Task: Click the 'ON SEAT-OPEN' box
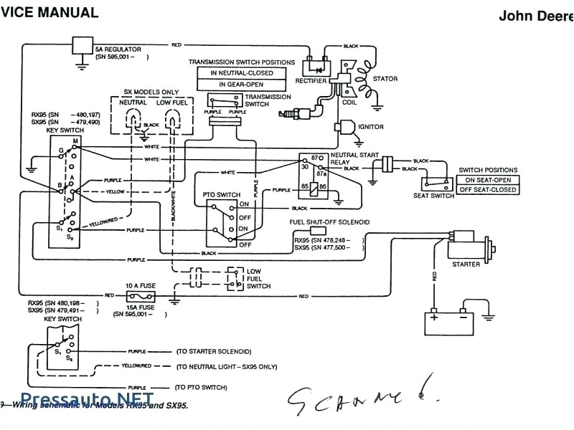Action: (488, 179)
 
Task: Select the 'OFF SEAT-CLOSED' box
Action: (488, 189)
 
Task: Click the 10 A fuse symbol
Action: (141, 295)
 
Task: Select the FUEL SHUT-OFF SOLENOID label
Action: (329, 223)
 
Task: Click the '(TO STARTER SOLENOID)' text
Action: (214, 352)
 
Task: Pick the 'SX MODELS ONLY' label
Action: (151, 92)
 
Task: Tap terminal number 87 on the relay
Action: (315, 157)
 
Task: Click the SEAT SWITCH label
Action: (433, 196)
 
